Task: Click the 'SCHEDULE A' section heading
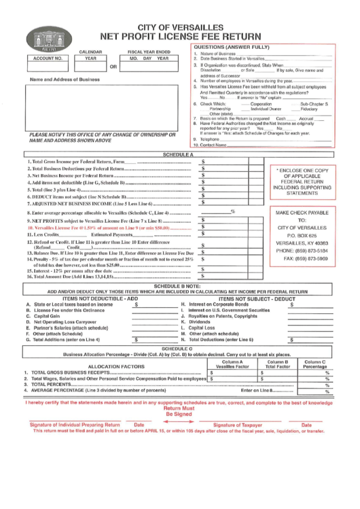point(179,155)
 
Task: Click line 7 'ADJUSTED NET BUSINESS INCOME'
point(91,203)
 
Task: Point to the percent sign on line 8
point(233,212)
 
